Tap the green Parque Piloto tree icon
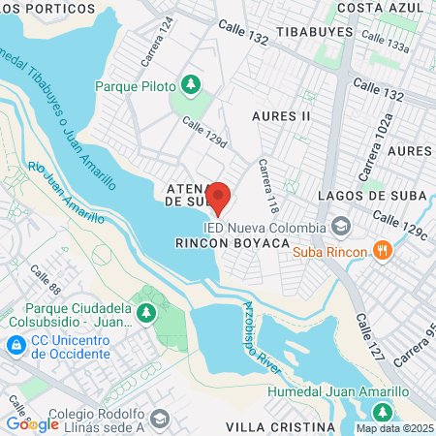(x=191, y=84)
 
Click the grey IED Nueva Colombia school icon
(x=341, y=226)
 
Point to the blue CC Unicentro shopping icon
(x=16, y=345)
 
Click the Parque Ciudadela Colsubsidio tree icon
(x=145, y=312)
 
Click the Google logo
(x=32, y=423)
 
